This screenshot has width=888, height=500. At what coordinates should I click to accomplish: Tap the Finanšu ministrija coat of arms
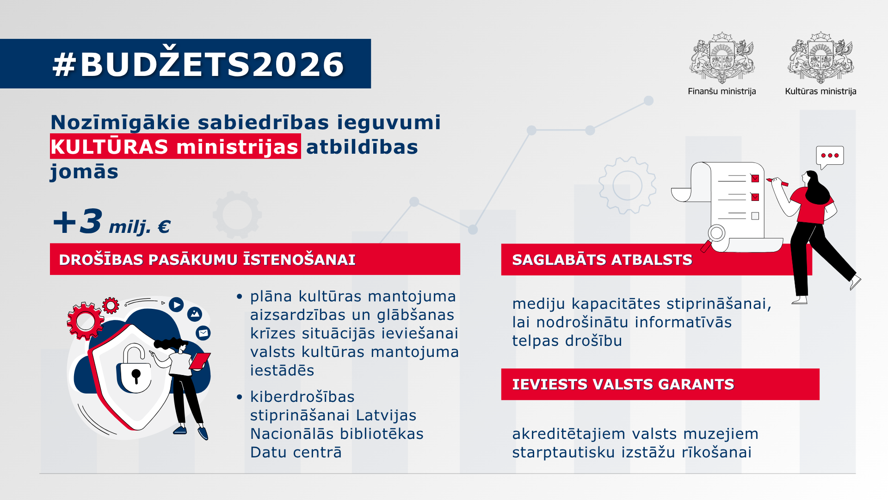(x=722, y=58)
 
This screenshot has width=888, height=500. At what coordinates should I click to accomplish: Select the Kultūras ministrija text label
(x=820, y=91)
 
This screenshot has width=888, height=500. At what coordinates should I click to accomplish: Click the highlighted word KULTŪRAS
(x=109, y=147)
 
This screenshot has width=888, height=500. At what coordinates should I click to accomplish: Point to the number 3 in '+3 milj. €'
(x=91, y=221)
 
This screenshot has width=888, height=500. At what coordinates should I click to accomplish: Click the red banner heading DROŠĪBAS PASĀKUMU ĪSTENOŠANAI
(x=207, y=259)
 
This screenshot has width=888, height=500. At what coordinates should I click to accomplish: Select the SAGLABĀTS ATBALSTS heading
(x=602, y=260)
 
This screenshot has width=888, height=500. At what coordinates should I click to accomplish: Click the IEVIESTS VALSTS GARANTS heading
(x=623, y=384)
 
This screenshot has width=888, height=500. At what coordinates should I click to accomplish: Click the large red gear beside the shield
(x=85, y=321)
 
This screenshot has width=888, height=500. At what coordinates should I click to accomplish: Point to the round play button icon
(x=176, y=305)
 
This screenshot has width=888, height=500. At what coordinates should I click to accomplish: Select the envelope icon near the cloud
(x=203, y=332)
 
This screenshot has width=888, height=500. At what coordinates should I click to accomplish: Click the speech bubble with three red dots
(x=830, y=156)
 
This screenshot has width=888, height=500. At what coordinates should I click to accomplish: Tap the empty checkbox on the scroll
(x=755, y=216)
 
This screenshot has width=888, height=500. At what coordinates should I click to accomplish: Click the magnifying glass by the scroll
(x=715, y=235)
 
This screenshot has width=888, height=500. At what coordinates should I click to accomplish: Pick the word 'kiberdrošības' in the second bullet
(x=302, y=397)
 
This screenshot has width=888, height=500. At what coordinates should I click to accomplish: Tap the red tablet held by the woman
(x=200, y=361)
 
